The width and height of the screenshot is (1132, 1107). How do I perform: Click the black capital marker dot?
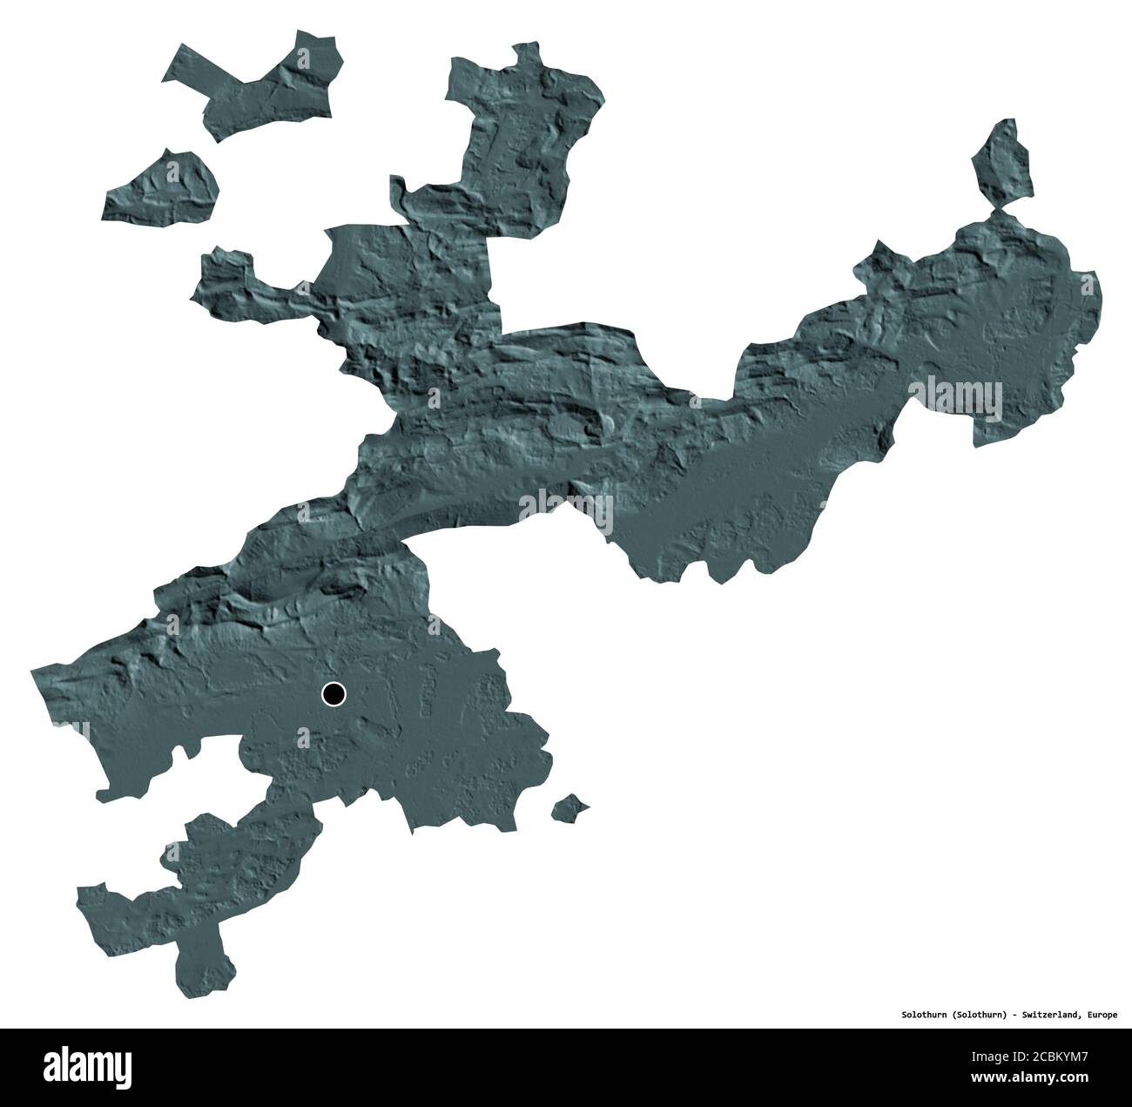[x=334, y=694]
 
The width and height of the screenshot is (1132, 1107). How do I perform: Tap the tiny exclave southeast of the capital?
[x=570, y=807]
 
